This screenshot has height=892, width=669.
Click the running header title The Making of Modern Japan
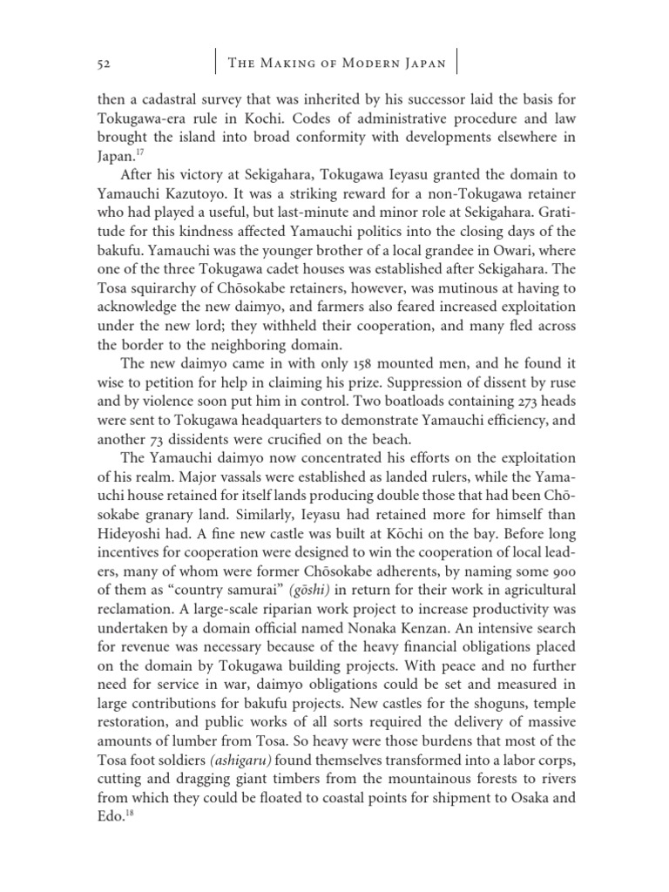[x=335, y=64]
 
